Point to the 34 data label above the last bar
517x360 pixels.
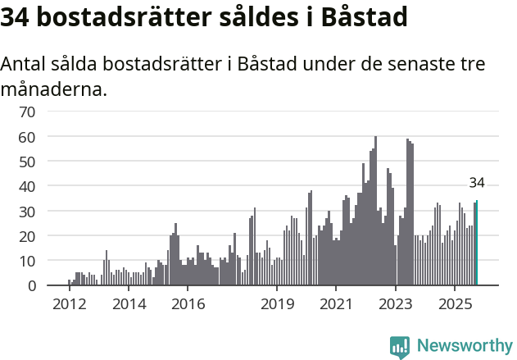477,183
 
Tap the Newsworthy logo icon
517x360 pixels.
400,346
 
